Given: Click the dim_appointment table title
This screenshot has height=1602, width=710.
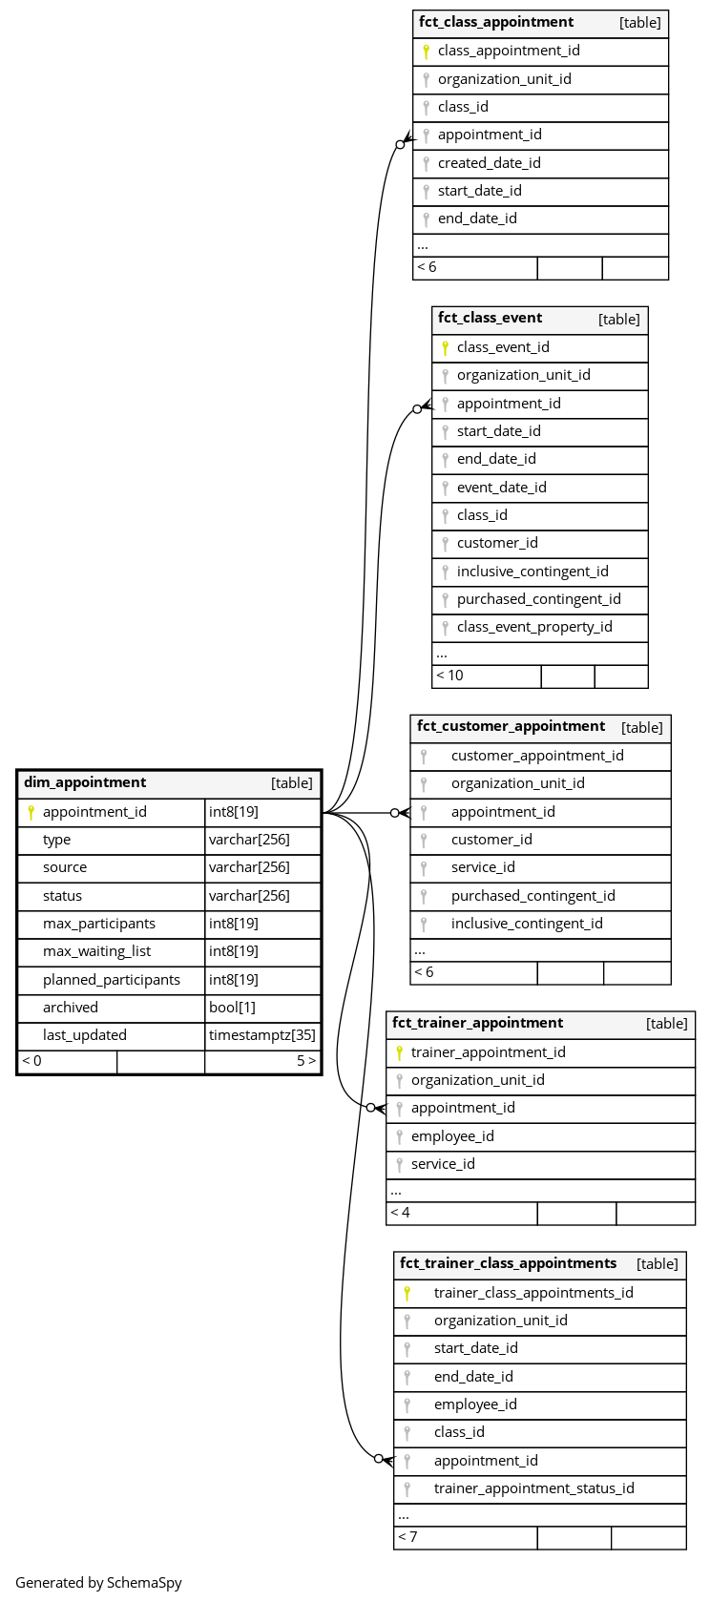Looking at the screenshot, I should click(85, 782).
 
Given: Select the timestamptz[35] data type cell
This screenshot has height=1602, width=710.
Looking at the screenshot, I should click(261, 1035).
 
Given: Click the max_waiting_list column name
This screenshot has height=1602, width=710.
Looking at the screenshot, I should click(96, 951).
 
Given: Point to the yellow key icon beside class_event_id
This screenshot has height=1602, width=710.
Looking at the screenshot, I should click(445, 347).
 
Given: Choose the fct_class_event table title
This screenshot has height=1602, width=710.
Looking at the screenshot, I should click(490, 318).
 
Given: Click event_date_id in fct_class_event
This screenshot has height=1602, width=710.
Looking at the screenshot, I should click(501, 488).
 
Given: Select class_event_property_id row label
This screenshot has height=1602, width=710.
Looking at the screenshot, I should click(534, 627).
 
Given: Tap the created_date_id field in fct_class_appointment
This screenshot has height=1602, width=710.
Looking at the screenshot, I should click(489, 163).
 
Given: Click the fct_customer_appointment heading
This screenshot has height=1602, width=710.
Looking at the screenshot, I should click(511, 726).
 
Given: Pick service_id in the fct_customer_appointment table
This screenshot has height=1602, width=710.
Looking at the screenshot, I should click(483, 867).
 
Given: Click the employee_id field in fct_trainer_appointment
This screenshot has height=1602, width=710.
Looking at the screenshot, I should click(452, 1136).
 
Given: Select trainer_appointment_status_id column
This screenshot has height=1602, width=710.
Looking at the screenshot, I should click(533, 1488).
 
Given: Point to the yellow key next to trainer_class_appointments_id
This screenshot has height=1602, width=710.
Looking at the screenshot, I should click(407, 1293).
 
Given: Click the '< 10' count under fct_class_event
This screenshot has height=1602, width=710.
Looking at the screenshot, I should click(449, 676).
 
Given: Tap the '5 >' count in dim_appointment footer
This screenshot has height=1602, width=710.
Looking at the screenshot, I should click(305, 1061).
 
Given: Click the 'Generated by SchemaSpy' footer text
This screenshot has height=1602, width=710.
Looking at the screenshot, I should click(98, 1582).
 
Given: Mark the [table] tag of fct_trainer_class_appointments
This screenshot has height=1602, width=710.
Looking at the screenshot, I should click(657, 1264).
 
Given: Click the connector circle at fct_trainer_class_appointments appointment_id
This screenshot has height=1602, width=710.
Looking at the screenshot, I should click(379, 1459).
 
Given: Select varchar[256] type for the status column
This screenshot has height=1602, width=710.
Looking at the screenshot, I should click(249, 896).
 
